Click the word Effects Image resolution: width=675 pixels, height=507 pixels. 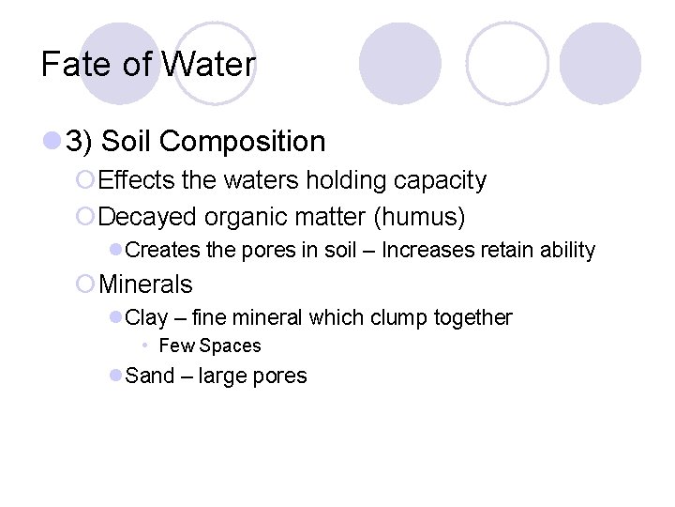131,180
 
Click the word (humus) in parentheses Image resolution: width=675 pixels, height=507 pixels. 419,217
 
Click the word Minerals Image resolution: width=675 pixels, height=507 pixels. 145,284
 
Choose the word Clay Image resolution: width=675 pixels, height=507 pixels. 145,317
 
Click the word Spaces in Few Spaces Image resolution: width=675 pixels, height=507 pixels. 230,346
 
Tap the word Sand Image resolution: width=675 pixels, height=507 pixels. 150,376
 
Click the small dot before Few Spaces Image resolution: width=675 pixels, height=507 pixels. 146,346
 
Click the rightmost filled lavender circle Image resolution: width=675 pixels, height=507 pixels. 600,64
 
